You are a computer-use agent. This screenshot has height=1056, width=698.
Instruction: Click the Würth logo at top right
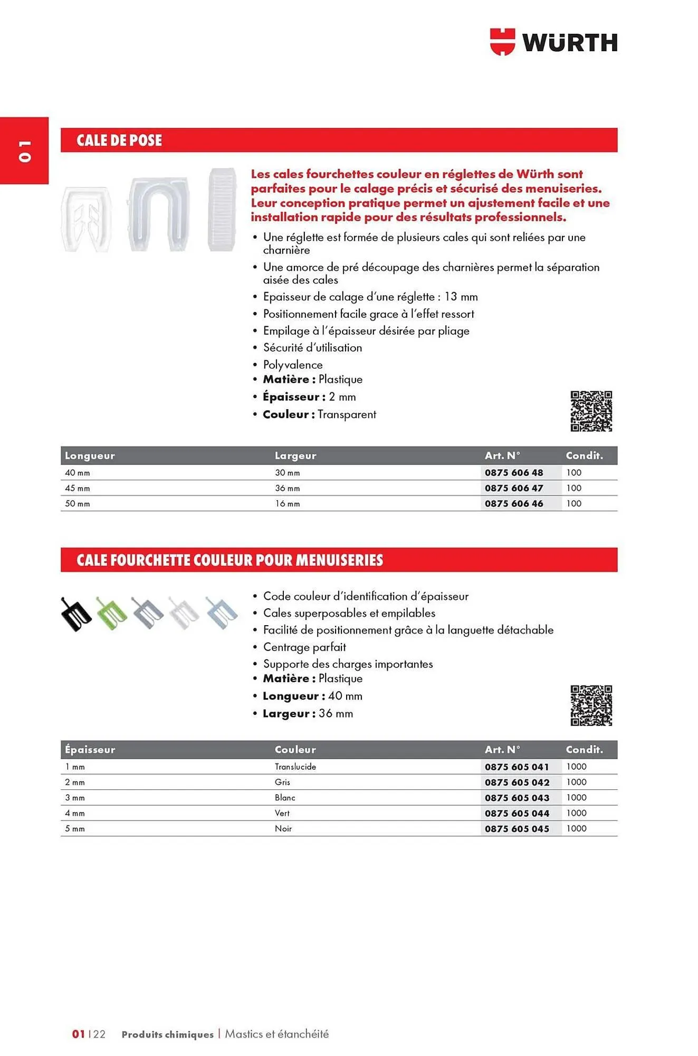tap(553, 42)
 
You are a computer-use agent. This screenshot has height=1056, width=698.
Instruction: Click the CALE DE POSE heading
tap(119, 140)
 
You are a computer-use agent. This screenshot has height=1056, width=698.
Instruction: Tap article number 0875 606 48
tap(513, 473)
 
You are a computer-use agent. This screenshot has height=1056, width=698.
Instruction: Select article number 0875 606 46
tap(513, 504)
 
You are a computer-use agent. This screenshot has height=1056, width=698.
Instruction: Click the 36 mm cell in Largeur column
tap(287, 488)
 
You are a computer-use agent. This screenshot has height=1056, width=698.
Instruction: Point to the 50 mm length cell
tap(77, 504)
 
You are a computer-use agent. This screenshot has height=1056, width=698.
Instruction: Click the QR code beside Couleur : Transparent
tap(591, 411)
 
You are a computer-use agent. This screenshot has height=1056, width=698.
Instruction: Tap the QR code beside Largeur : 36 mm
tap(591, 705)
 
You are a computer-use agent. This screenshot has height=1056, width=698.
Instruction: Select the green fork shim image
tap(111, 614)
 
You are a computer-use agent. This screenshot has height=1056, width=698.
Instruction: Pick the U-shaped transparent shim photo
tap(159, 214)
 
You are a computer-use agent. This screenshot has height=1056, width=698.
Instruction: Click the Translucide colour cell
tap(295, 767)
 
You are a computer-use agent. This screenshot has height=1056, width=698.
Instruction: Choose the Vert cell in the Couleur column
tap(282, 813)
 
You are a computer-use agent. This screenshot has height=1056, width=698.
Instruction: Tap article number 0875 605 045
tap(517, 829)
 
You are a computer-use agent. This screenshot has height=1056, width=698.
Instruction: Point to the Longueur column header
tap(90, 456)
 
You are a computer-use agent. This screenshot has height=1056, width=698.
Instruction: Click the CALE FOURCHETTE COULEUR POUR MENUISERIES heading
tap(230, 560)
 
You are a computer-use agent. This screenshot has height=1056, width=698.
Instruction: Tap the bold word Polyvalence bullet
tap(292, 365)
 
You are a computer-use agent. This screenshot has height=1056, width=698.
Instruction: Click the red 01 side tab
tap(24, 150)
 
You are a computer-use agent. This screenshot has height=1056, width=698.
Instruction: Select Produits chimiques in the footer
tap(167, 1034)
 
